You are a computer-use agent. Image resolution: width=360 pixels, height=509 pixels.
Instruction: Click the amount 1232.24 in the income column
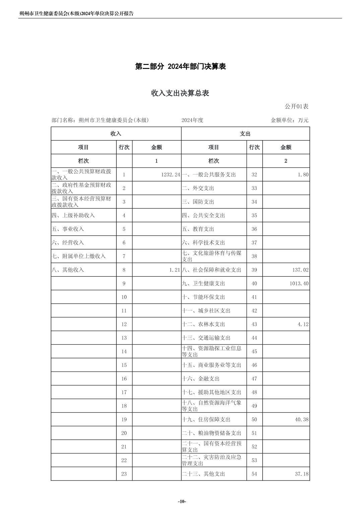click(x=171, y=175)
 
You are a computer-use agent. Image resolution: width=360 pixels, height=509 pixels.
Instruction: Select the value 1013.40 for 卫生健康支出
click(x=299, y=284)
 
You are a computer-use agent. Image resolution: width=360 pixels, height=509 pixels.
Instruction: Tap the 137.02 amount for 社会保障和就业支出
click(x=300, y=270)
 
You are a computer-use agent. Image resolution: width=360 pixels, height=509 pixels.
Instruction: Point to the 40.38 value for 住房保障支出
click(x=302, y=420)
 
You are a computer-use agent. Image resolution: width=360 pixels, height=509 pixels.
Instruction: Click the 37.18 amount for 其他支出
click(x=302, y=474)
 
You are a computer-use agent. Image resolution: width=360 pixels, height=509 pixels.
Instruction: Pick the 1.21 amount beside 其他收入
click(x=175, y=270)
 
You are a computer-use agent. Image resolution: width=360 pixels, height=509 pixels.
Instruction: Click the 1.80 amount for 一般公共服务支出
click(x=303, y=175)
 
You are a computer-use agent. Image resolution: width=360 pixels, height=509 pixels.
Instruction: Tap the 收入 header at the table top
click(x=116, y=134)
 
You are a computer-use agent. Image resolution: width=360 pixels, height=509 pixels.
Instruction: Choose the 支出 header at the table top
click(x=245, y=134)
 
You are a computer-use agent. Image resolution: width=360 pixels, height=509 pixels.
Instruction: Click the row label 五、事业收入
click(x=68, y=229)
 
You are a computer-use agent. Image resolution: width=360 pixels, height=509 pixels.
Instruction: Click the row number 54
click(x=254, y=474)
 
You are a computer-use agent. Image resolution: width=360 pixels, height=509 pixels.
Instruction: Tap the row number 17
click(x=124, y=392)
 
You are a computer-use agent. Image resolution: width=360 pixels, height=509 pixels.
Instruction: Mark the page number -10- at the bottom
click(x=182, y=501)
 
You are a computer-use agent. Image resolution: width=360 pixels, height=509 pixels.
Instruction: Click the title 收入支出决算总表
click(x=180, y=93)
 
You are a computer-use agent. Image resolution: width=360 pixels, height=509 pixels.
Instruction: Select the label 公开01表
click(x=296, y=106)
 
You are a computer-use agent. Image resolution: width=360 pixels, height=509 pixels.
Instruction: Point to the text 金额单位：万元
click(x=289, y=120)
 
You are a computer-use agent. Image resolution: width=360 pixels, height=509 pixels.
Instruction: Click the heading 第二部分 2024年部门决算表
click(x=180, y=67)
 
